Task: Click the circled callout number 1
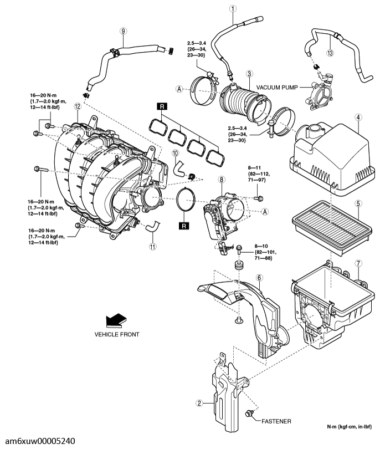pyautogui.click(x=233, y=8)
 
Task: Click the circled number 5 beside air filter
pyautogui.click(x=358, y=203)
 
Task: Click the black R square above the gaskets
pyautogui.click(x=161, y=105)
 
